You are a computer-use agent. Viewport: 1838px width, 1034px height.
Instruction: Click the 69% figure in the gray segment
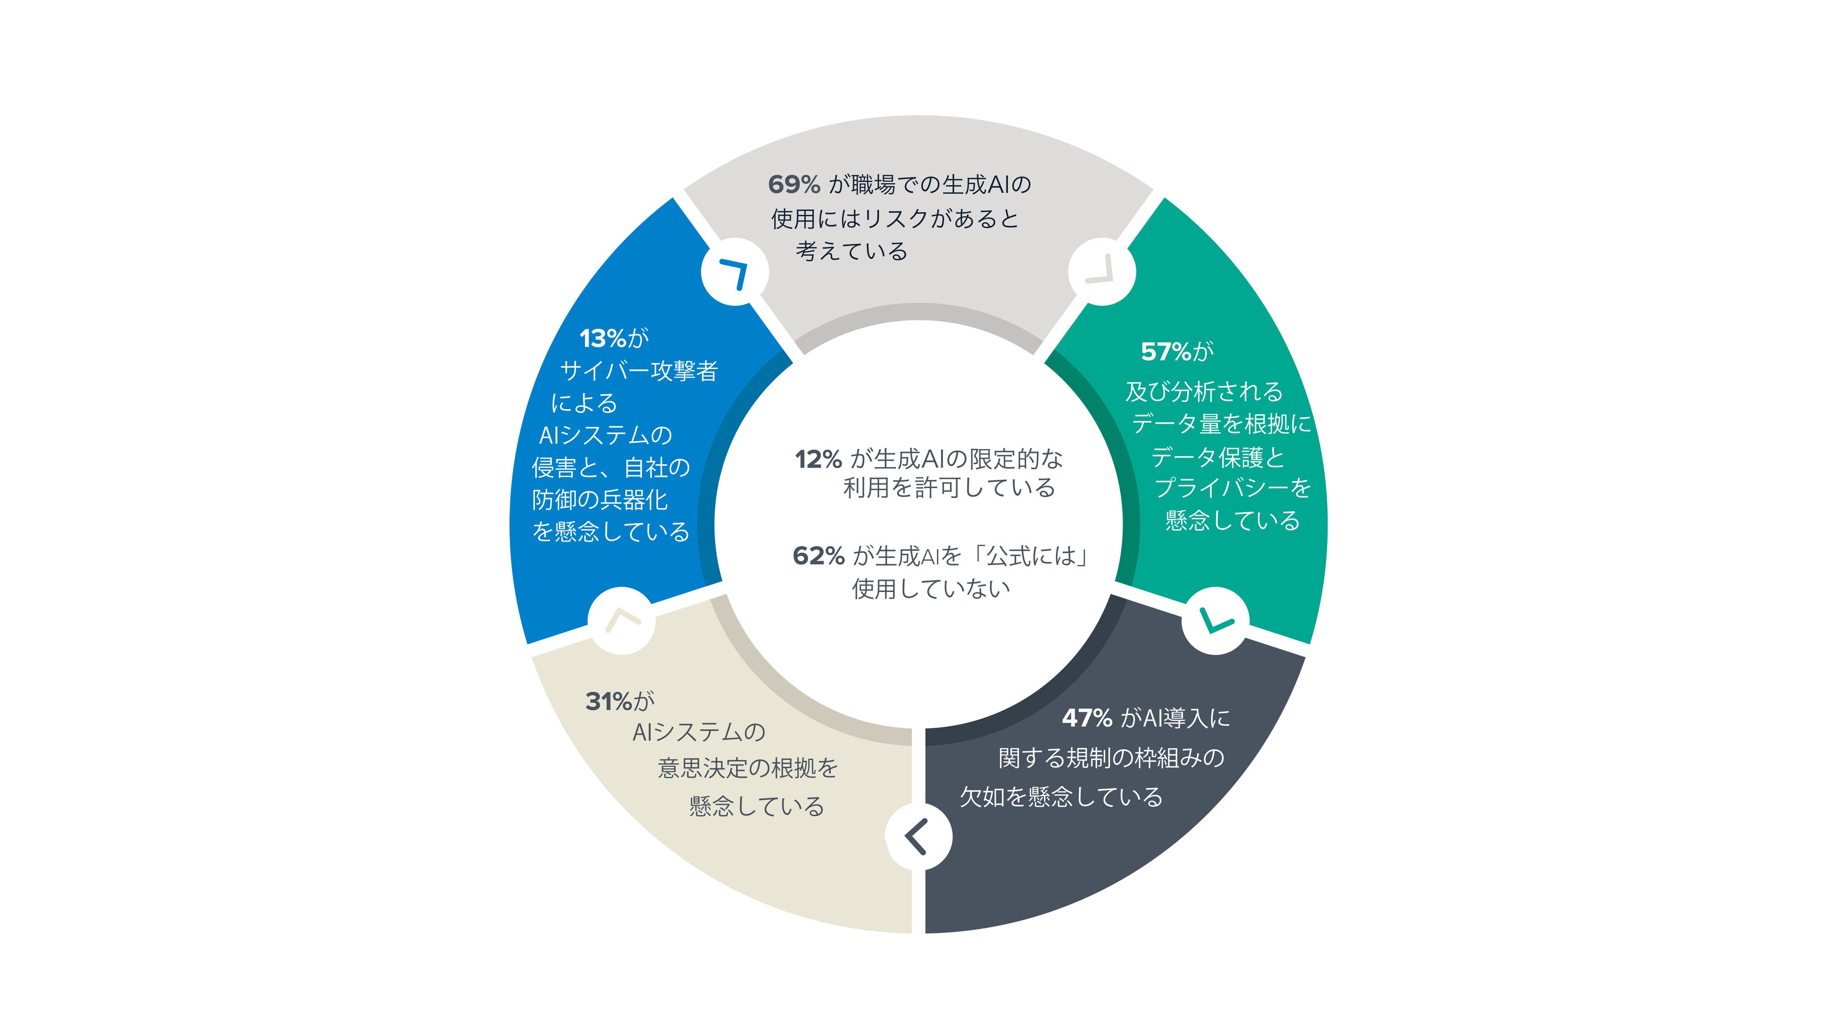tap(794, 185)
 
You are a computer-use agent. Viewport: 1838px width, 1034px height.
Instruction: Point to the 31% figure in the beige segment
tap(608, 701)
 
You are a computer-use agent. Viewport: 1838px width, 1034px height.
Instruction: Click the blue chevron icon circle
tap(734, 272)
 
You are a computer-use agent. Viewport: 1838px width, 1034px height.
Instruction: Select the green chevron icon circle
tap(1215, 621)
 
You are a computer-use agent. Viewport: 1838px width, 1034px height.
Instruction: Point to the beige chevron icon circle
tap(622, 621)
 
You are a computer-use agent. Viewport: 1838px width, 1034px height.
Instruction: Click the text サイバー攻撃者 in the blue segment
tap(639, 370)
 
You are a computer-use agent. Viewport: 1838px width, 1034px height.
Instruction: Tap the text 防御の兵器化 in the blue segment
tap(599, 500)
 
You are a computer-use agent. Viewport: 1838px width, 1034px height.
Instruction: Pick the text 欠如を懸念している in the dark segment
tap(1061, 796)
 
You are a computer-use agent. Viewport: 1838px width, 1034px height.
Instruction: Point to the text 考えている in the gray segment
tap(851, 251)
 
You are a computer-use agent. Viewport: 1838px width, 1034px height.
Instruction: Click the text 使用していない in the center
tap(930, 589)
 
